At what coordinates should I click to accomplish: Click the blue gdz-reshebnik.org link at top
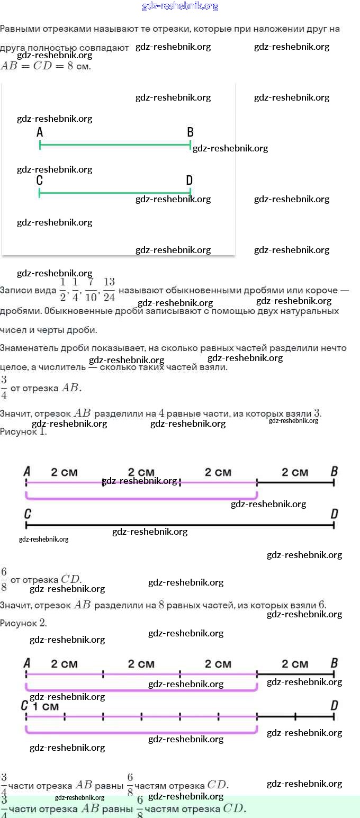[x=180, y=6]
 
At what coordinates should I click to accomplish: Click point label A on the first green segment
[x=40, y=132]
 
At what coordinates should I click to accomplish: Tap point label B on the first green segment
[x=190, y=132]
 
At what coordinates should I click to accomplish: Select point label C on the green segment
[x=40, y=181]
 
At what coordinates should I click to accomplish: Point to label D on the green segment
[x=190, y=181]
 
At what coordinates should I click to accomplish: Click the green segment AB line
[x=115, y=145]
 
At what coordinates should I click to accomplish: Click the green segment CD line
[x=115, y=193]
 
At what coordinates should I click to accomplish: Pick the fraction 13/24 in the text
[x=109, y=290]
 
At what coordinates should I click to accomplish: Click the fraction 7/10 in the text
[x=91, y=290]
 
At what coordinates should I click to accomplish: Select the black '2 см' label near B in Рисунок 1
[x=295, y=472]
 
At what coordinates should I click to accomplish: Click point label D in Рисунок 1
[x=334, y=514]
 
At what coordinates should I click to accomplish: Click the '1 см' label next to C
[x=46, y=706]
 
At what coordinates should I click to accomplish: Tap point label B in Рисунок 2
[x=334, y=663]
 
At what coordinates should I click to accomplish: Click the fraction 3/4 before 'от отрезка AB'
[x=4, y=388]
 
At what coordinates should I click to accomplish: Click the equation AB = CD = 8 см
[x=46, y=67]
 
